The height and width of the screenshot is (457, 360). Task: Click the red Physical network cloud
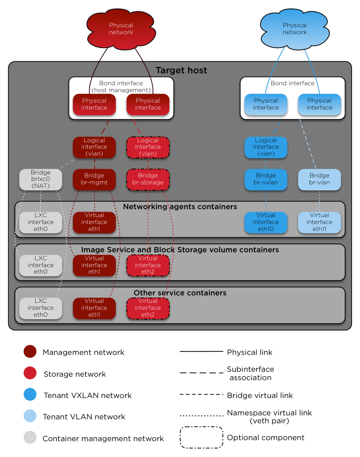pos(121,29)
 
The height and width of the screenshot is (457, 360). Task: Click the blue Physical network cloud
pos(295,29)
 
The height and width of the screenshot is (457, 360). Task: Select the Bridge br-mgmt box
pos(94,179)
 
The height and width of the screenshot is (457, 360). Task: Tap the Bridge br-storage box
pos(148,179)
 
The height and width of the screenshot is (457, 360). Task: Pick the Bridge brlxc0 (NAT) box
pos(41,179)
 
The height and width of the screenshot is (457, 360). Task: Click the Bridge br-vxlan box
pos(266,179)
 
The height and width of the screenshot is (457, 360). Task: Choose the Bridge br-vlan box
pos(319,179)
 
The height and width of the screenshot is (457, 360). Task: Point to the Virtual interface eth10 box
pos(266,222)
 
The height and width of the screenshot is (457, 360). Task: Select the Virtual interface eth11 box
pos(319,222)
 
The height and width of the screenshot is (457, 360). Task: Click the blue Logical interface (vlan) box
pos(266,147)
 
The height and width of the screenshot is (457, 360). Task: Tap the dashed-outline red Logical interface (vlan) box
pos(148,147)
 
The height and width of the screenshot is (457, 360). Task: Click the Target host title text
pos(181,70)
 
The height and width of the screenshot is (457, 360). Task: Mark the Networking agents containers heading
pos(180,207)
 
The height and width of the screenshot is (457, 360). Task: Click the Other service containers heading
pos(180,293)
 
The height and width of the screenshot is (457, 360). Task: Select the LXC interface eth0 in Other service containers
pos(41,308)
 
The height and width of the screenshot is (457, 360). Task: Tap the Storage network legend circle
pos(30,374)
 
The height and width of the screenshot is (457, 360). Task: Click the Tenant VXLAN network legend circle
pos(30,395)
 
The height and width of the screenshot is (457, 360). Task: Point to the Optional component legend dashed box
pos(201,438)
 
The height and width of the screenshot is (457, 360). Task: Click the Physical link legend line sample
pos(201,352)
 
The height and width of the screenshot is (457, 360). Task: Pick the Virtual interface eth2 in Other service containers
pos(148,308)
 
